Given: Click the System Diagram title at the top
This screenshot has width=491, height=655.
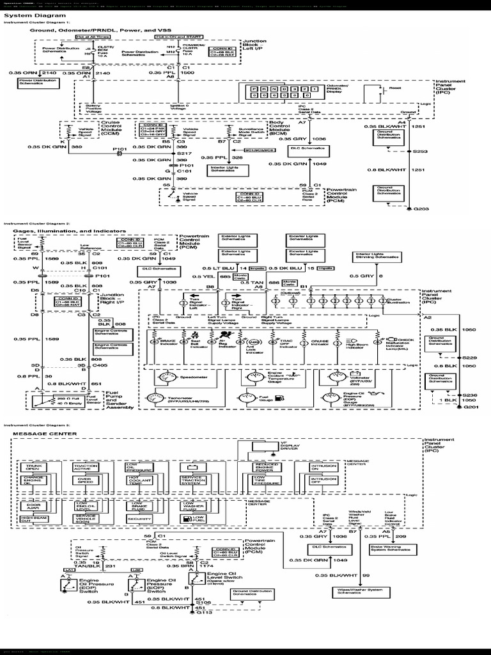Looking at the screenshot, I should click(27, 15).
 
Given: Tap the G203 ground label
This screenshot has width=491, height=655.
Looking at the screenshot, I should click(421, 209).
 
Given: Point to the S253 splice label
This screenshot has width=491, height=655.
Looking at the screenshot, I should click(421, 151).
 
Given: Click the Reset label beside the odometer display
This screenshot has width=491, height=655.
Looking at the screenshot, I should click(395, 88).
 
